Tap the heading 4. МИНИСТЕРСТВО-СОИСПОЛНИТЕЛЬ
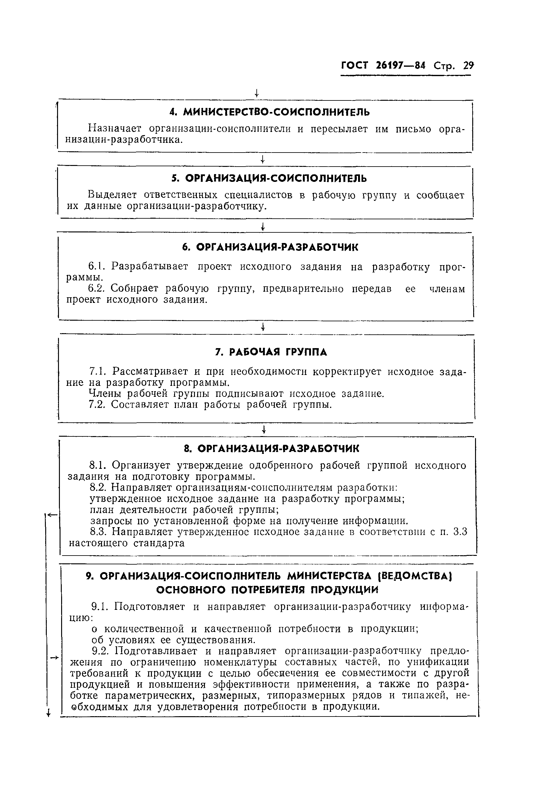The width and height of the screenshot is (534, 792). coord(269,112)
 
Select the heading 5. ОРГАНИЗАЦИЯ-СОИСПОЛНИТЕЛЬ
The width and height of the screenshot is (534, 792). coord(269,178)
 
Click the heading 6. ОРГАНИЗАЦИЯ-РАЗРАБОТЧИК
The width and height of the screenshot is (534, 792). coord(270,247)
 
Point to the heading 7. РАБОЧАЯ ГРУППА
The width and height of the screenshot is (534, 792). coord(271,352)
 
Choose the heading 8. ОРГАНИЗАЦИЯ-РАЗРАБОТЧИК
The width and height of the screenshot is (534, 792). coord(271,449)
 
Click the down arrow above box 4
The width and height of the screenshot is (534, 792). coord(257,93)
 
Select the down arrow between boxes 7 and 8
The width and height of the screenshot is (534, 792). coord(264,430)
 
